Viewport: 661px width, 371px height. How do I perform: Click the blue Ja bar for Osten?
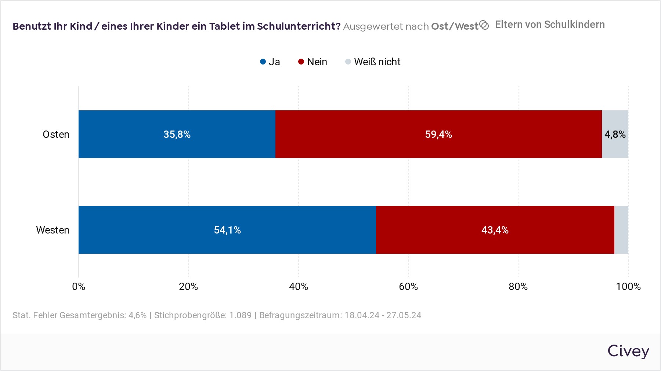[177, 134]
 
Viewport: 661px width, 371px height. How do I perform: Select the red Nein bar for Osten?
[438, 134]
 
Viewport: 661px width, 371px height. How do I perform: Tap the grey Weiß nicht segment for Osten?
[615, 134]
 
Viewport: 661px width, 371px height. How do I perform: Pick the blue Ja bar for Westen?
[227, 230]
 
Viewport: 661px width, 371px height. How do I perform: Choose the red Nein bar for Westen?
[495, 230]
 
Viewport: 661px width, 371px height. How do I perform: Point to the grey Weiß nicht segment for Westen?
[621, 230]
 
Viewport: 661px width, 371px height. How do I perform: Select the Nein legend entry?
[313, 62]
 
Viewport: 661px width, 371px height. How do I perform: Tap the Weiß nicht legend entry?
[373, 62]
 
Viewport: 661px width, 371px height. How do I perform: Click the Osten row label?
[56, 134]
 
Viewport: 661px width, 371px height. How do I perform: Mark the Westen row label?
[53, 230]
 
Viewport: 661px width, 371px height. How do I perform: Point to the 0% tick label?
[79, 286]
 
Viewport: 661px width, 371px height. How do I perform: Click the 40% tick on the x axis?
[298, 286]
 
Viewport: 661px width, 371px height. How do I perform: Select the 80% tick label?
[518, 286]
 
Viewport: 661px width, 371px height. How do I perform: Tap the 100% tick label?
[628, 286]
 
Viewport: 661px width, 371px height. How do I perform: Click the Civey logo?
[628, 351]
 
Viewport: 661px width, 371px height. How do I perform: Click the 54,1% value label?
[227, 230]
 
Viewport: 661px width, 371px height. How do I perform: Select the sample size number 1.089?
[241, 315]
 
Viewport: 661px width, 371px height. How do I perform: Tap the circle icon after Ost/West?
[484, 25]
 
